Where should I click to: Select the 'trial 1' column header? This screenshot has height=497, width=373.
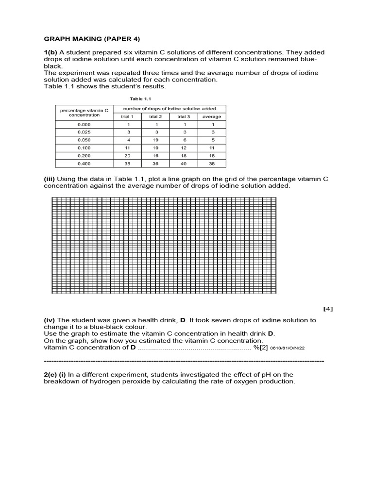point(127,116)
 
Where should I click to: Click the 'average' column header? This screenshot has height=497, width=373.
point(211,116)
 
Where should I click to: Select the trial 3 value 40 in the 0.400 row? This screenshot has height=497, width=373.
point(184,163)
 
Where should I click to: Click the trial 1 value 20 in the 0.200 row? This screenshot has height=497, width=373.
point(127,155)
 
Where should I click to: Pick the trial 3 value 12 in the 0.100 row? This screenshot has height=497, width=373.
point(184,148)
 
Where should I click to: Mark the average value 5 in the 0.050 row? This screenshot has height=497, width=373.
point(211,140)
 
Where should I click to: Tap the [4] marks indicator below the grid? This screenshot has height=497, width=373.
point(328,309)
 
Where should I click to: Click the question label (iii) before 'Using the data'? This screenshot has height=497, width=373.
point(49,179)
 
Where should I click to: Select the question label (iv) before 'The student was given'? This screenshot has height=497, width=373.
point(50,320)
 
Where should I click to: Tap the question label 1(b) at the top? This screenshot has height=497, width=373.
point(51,52)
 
